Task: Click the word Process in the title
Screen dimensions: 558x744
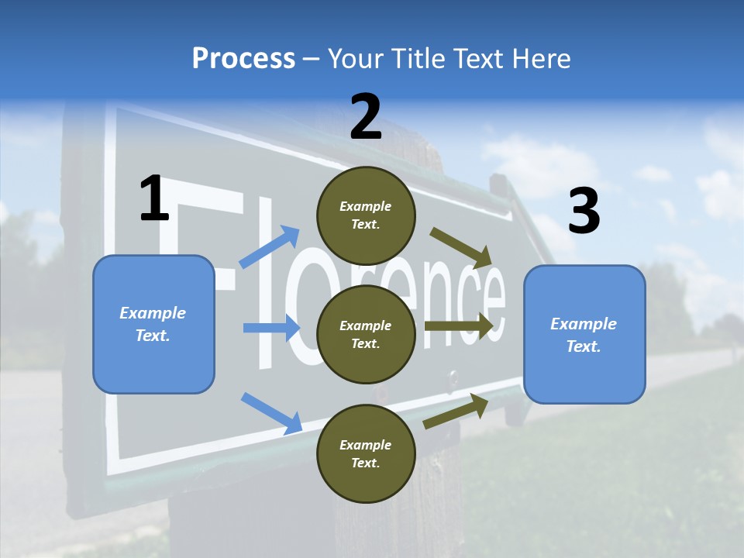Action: (x=243, y=58)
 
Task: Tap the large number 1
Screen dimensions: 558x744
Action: (x=154, y=199)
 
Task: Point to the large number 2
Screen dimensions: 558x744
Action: (x=366, y=118)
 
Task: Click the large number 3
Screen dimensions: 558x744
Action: (x=584, y=212)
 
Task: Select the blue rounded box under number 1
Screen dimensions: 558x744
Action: (x=153, y=324)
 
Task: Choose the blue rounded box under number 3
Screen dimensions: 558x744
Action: (x=584, y=334)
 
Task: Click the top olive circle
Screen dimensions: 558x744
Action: (x=367, y=215)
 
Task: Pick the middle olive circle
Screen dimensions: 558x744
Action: (x=367, y=334)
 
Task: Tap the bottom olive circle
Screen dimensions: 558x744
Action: (x=367, y=453)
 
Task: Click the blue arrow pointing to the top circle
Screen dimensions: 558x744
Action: (x=270, y=246)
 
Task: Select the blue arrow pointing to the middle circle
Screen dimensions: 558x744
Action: (x=271, y=328)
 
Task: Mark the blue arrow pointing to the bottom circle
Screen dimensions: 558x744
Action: (x=271, y=412)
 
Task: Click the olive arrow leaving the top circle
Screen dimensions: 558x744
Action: (x=461, y=247)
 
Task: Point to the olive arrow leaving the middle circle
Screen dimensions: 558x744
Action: (x=459, y=326)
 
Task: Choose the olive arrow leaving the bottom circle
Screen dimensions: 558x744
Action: (x=456, y=411)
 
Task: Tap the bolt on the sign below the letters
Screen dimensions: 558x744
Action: (x=453, y=379)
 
